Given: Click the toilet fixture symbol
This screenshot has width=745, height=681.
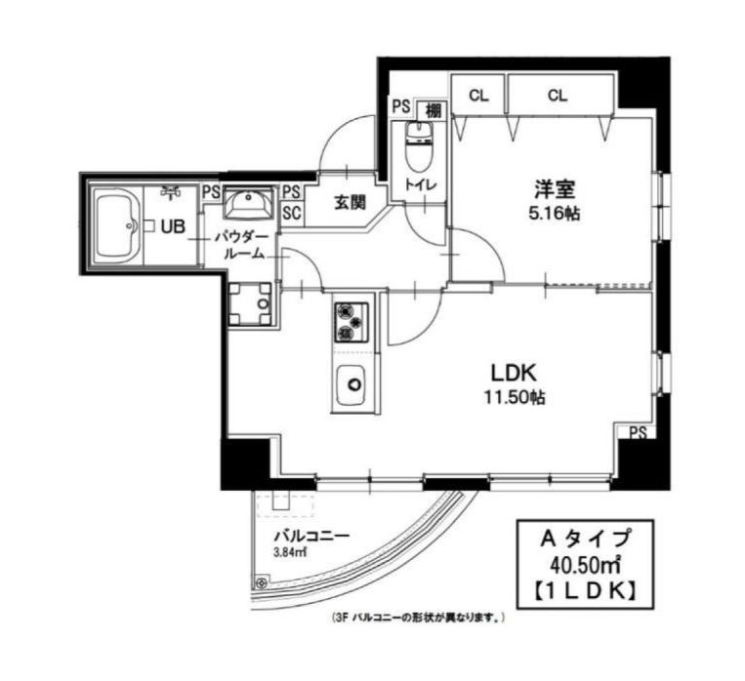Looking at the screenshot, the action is [419, 146].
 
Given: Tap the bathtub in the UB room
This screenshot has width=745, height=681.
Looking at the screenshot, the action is [116, 225].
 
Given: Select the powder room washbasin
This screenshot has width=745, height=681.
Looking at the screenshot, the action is [248, 202].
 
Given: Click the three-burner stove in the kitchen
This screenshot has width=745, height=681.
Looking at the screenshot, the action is [352, 322].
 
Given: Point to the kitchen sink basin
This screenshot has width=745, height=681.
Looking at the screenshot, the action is [352, 385].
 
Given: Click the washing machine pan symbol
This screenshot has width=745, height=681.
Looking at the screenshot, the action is [250, 303].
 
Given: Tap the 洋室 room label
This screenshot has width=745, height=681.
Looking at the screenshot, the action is [555, 190].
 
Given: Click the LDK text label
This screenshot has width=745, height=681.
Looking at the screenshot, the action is [514, 373].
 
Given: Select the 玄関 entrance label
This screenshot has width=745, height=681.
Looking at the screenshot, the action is [352, 203].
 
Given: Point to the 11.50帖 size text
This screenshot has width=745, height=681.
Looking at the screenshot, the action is [515, 396].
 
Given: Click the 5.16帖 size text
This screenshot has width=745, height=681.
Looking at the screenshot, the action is [555, 214].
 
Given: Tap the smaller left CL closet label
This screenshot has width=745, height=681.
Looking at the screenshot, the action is [478, 96].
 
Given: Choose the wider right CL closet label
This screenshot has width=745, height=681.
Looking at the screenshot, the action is [558, 96].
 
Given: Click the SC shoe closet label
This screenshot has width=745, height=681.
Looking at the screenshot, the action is [292, 214].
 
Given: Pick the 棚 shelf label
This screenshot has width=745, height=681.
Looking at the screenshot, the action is [433, 111].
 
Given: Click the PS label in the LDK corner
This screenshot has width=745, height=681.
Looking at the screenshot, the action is [639, 433].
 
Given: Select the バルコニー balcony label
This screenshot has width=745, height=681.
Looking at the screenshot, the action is [312, 537].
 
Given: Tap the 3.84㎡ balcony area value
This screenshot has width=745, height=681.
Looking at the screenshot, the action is [289, 552].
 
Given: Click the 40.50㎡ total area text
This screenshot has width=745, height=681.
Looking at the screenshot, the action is [586, 565].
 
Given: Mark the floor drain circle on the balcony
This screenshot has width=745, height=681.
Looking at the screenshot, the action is [261, 581].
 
